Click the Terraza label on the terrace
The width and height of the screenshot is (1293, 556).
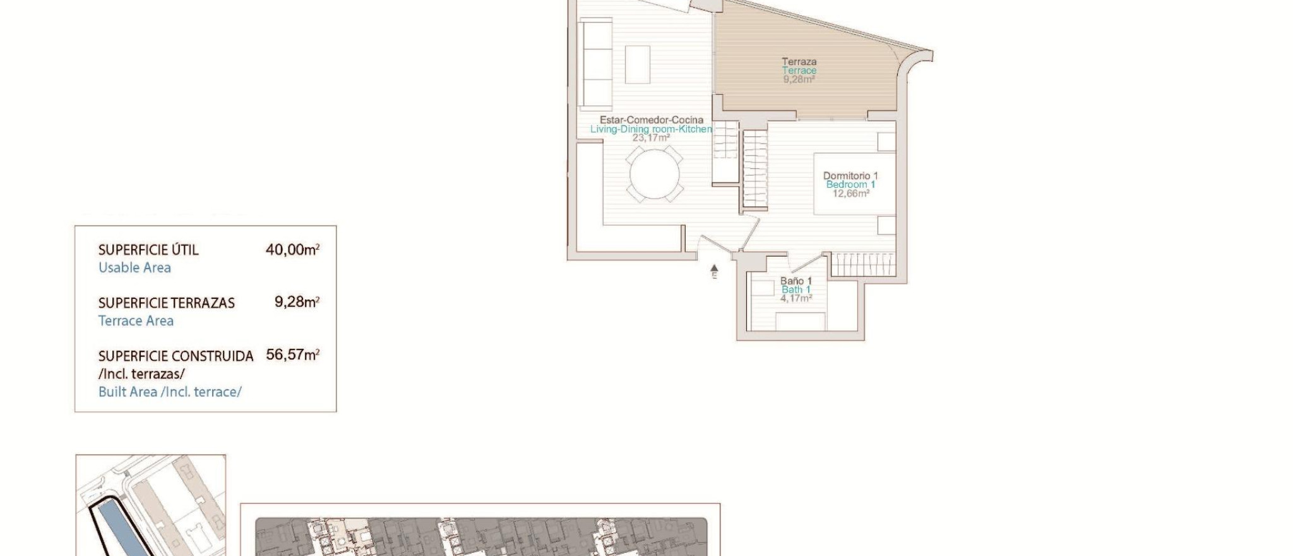tap(799, 61)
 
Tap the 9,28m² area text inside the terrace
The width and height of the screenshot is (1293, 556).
tap(799, 80)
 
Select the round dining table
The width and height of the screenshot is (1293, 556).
tap(655, 174)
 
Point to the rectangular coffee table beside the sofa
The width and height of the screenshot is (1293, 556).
tap(638, 64)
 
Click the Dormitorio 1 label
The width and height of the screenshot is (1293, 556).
tap(850, 176)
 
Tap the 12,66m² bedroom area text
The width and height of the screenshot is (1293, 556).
tap(850, 193)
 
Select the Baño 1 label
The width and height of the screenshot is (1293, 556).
tap(795, 281)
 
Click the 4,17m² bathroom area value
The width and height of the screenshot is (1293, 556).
tap(795, 298)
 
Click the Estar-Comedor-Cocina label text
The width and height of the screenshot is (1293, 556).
tap(651, 119)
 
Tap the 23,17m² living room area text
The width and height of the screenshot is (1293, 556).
tap(651, 138)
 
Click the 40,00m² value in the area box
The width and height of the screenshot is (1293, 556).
tap(292, 250)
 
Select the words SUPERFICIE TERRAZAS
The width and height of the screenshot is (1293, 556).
tap(166, 303)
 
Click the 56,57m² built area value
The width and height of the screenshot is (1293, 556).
tap(292, 354)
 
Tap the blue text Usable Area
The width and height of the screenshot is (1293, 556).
tap(134, 267)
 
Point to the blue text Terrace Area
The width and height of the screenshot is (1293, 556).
tap(136, 320)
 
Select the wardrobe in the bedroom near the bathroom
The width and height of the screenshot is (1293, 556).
tap(862, 264)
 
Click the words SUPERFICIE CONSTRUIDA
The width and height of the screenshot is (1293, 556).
tap(176, 356)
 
